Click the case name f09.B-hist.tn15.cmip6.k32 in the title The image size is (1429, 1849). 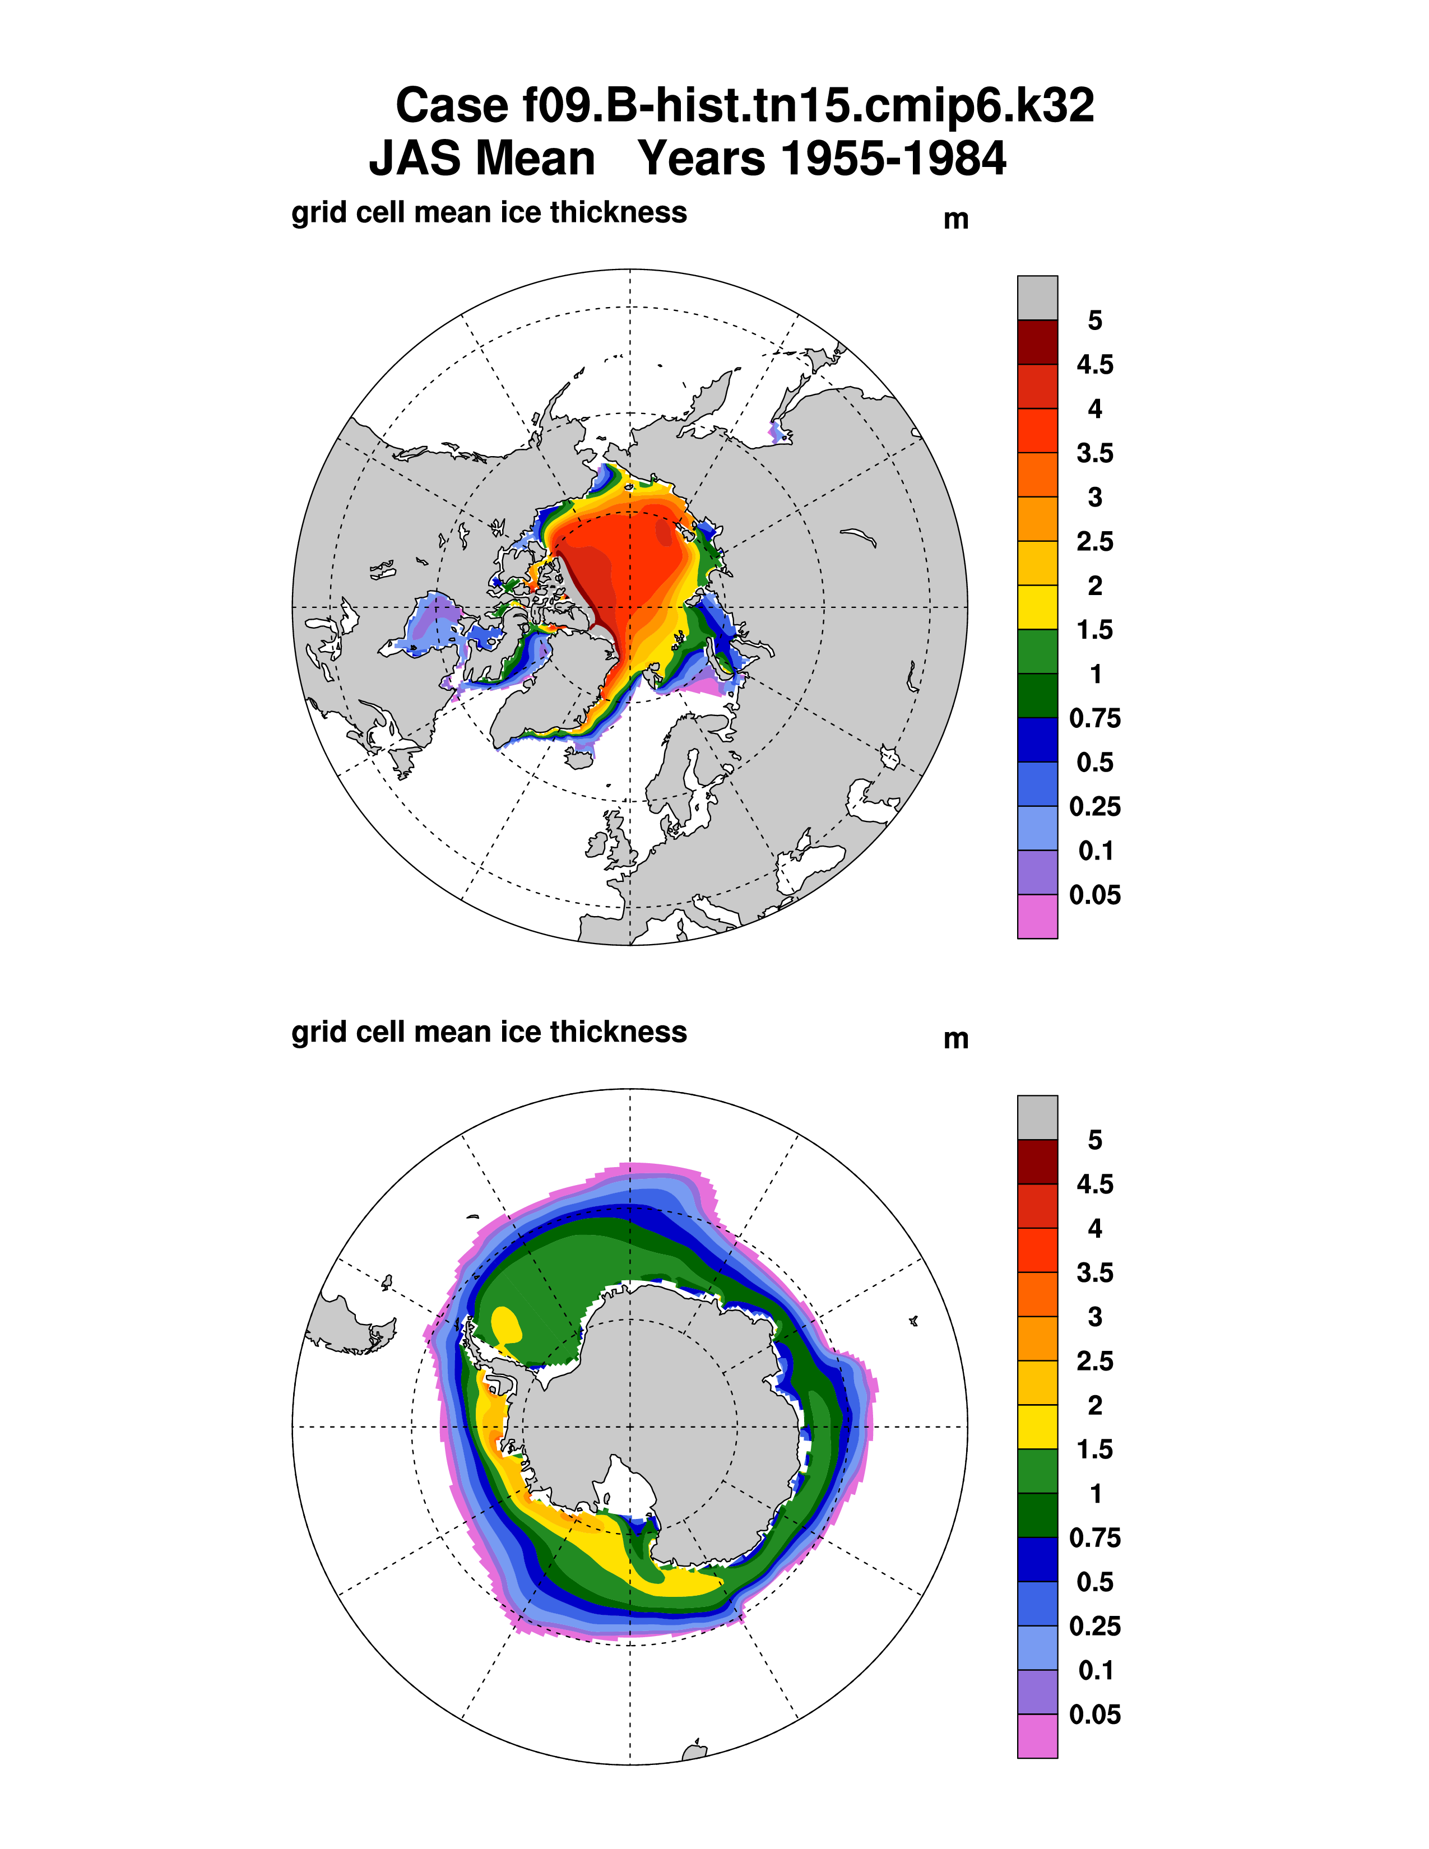744,106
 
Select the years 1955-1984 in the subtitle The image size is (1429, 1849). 821,159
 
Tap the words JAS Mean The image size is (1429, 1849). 482,159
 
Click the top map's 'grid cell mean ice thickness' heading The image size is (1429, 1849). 489,212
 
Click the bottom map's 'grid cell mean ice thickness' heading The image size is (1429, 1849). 489,1032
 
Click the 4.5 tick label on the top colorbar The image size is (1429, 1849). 1094,365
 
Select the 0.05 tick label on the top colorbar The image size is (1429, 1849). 1094,895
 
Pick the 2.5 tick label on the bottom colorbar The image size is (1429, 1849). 1094,1362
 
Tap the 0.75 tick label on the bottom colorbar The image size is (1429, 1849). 1094,1538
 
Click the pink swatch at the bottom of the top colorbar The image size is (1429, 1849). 1037,917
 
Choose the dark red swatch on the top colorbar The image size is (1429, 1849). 1037,342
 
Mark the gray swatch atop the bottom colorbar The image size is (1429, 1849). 1037,1118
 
